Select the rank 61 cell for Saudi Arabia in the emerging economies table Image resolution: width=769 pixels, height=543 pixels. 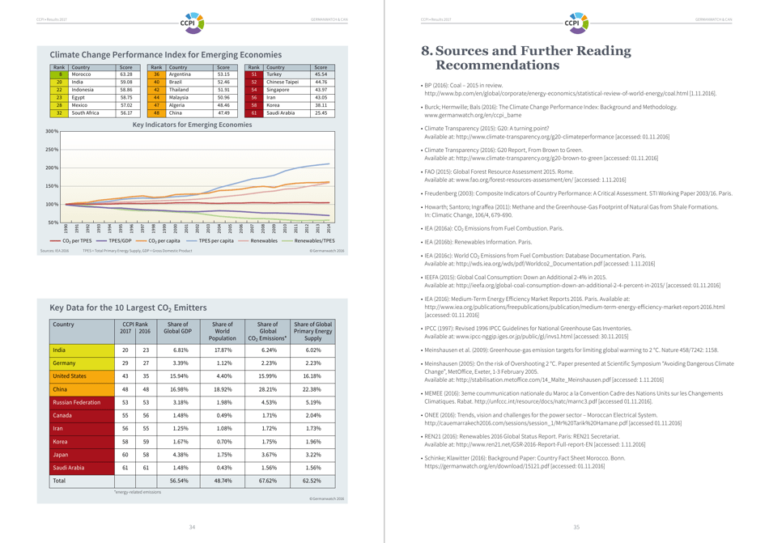pyautogui.click(x=253, y=112)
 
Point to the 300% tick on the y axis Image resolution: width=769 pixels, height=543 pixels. pyautogui.click(x=52, y=131)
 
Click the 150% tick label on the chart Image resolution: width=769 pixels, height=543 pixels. pyautogui.click(x=52, y=186)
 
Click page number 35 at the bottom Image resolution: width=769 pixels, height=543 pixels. pyautogui.click(x=577, y=527)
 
